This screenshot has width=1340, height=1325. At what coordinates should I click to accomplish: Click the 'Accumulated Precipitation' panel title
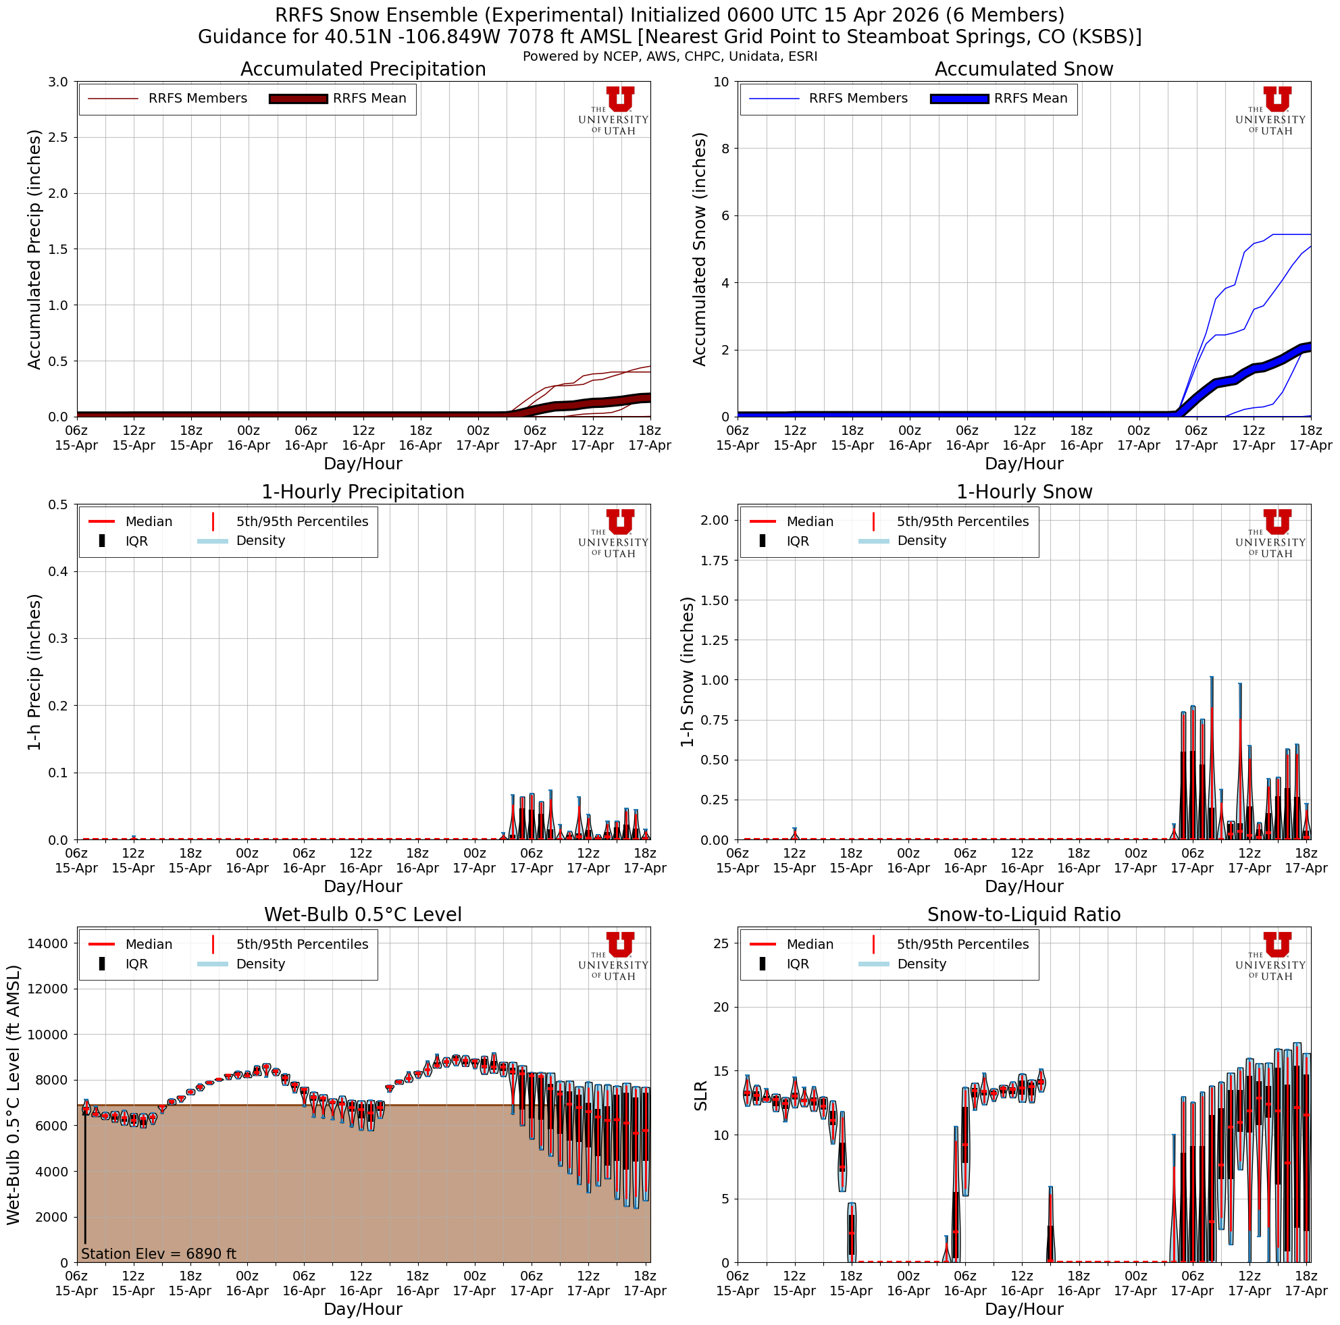click(363, 70)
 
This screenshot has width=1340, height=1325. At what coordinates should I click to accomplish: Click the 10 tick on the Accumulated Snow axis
click(721, 82)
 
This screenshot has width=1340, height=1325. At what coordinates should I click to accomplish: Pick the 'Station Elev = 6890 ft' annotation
click(159, 1253)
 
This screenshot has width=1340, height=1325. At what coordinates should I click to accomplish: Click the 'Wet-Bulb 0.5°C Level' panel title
click(363, 914)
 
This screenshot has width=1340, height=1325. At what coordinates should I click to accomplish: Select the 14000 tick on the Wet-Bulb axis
click(48, 943)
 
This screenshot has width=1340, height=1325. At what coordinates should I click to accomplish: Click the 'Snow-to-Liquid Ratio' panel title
click(1024, 914)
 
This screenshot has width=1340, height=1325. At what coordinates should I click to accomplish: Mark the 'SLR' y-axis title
click(701, 1095)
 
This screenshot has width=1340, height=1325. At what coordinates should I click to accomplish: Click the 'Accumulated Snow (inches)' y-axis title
click(700, 249)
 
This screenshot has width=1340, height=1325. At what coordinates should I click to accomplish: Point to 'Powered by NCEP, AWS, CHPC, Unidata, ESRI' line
click(669, 56)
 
